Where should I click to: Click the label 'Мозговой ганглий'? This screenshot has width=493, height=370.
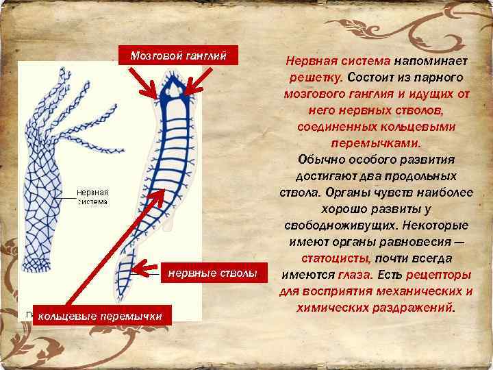point(179,56)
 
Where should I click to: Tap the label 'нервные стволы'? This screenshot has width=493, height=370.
point(213,273)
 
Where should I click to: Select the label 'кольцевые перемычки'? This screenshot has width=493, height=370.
point(100,316)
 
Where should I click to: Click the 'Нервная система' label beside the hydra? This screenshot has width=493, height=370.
point(92,197)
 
